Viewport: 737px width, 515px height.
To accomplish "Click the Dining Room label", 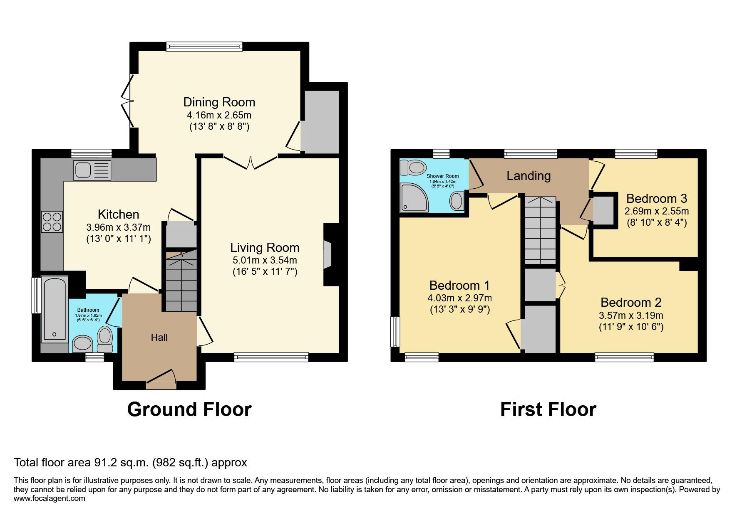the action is pyautogui.click(x=219, y=102).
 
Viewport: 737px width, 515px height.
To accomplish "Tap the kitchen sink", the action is pyautogui.click(x=92, y=170).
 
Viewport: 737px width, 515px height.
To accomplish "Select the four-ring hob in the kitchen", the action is pyautogui.click(x=52, y=222).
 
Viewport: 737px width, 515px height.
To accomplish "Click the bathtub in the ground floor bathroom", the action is pyautogui.click(x=55, y=309).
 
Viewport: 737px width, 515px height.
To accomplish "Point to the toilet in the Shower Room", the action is pyautogui.click(x=411, y=168).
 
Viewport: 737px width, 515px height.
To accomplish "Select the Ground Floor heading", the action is pyautogui.click(x=189, y=409).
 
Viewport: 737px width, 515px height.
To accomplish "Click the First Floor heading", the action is pyautogui.click(x=548, y=409).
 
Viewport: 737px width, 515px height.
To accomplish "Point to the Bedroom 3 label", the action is pyautogui.click(x=656, y=198).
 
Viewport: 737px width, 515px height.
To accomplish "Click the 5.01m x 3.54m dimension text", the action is pyautogui.click(x=265, y=261).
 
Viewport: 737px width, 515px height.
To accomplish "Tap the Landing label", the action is pyautogui.click(x=529, y=176).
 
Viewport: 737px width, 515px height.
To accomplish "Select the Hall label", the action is pyautogui.click(x=159, y=338).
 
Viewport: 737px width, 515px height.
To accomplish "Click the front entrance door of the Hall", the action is pyautogui.click(x=161, y=379).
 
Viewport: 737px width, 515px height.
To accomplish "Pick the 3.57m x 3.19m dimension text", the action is pyautogui.click(x=631, y=315).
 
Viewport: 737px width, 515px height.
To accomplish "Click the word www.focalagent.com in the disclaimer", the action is pyautogui.click(x=50, y=498).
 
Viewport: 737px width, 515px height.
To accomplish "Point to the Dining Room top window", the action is pyautogui.click(x=204, y=47).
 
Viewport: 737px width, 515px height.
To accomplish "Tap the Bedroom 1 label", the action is pyautogui.click(x=459, y=286).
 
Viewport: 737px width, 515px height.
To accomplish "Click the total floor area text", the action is pyautogui.click(x=131, y=462).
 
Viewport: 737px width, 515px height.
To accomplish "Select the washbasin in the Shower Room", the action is pyautogui.click(x=456, y=201).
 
